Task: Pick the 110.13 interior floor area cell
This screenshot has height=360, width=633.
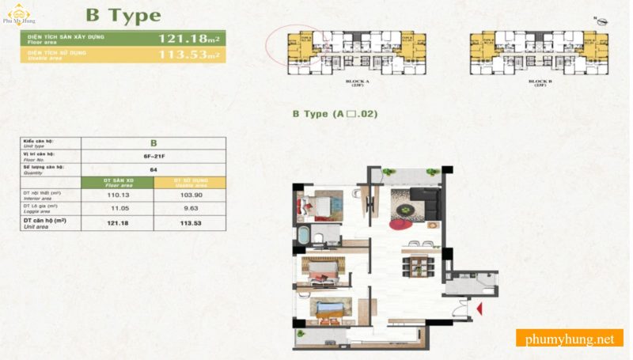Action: (118, 195)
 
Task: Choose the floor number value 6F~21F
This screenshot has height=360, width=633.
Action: (154, 155)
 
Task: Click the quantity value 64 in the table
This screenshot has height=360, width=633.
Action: (154, 169)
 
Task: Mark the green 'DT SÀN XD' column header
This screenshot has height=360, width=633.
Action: (118, 182)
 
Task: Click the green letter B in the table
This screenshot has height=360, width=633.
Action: (154, 142)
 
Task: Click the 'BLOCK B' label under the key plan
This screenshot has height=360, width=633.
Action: (539, 81)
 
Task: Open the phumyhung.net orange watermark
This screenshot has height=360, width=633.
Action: (569, 339)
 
